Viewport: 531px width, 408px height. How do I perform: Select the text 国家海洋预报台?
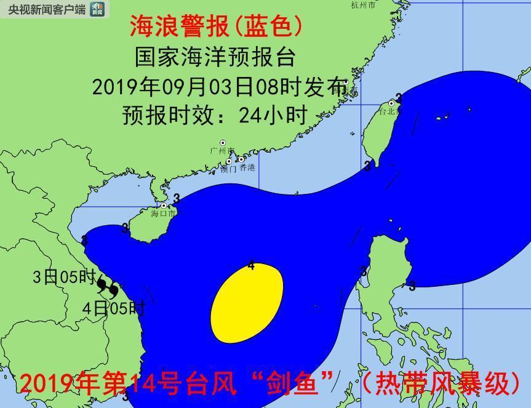pyautogui.click(x=215, y=57)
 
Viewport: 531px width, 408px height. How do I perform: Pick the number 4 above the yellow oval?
pyautogui.click(x=251, y=265)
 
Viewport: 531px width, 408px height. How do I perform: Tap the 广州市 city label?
pyautogui.click(x=222, y=151)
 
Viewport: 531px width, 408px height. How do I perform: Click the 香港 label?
pyautogui.click(x=247, y=167)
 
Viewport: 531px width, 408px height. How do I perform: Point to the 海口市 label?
pyautogui.click(x=163, y=213)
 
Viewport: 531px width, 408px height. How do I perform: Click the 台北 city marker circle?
pyautogui.click(x=391, y=103)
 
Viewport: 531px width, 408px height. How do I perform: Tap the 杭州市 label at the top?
pyautogui.click(x=362, y=5)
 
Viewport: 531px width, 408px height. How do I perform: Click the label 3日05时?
pyautogui.click(x=64, y=277)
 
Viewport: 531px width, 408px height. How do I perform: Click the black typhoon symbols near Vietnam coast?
pyautogui.click(x=108, y=287)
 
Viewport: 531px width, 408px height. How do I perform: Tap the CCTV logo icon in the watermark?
pyautogui.click(x=97, y=9)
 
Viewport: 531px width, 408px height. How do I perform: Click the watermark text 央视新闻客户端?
pyautogui.click(x=44, y=9)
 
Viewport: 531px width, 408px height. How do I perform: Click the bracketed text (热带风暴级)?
pyautogui.click(x=441, y=383)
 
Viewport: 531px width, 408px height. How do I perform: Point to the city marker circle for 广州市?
pyautogui.click(x=223, y=143)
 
